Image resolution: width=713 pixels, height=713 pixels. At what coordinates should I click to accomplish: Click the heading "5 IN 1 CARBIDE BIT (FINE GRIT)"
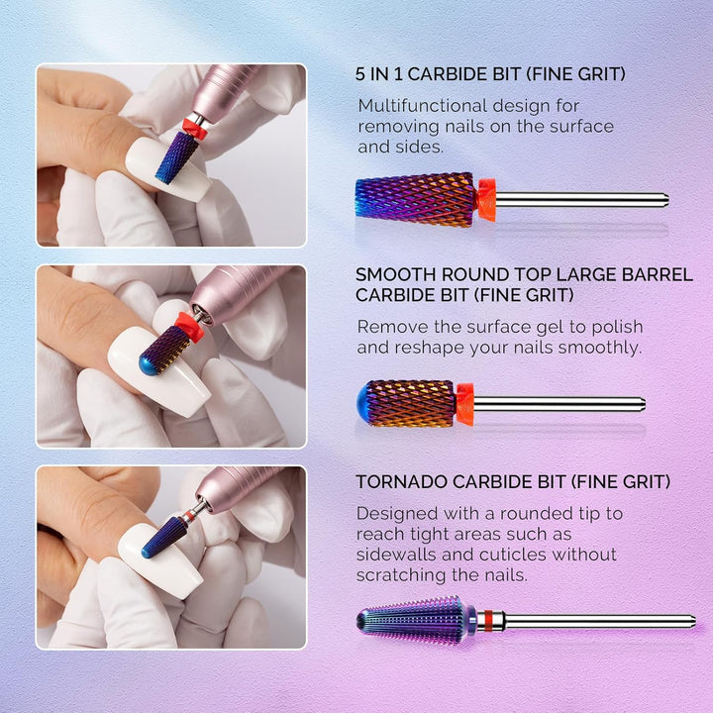[490, 73]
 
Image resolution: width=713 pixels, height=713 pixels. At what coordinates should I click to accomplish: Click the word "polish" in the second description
[615, 327]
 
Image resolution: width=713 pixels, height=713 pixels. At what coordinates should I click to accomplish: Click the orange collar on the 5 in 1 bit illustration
[485, 199]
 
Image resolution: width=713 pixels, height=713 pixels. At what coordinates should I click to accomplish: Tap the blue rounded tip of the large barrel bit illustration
[364, 403]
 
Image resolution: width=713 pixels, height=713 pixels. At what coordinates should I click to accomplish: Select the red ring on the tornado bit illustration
[485, 621]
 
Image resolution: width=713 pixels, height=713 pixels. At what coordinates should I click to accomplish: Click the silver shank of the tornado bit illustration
[594, 621]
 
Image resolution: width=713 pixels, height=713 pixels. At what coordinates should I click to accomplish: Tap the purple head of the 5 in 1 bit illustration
[416, 199]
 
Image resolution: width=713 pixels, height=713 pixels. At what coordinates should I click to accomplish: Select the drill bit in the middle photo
[166, 349]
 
